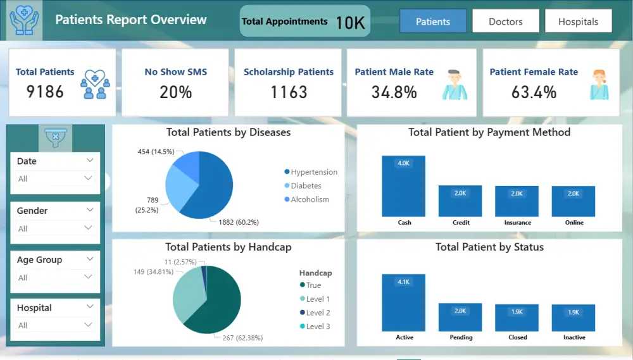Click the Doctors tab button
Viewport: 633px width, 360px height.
[506, 22]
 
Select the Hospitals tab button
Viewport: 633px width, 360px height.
[578, 22]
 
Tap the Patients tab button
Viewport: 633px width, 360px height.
[433, 22]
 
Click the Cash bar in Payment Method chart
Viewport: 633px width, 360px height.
[404, 186]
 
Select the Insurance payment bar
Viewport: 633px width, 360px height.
[517, 201]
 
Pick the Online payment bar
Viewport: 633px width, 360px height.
[573, 201]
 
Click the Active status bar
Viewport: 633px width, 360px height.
[404, 302]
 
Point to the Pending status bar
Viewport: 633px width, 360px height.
[460, 318]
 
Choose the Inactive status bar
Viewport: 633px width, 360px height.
[573, 318]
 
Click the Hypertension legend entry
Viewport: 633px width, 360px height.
[313, 172]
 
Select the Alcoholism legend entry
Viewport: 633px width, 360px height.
[310, 199]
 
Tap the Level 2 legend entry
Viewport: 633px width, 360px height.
[317, 313]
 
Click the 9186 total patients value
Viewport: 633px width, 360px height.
[45, 92]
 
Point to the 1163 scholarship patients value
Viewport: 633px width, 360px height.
[289, 92]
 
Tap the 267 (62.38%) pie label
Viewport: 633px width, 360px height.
[242, 337]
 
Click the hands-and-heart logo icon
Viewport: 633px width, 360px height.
[25, 20]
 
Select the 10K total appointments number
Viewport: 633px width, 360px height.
[350, 23]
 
